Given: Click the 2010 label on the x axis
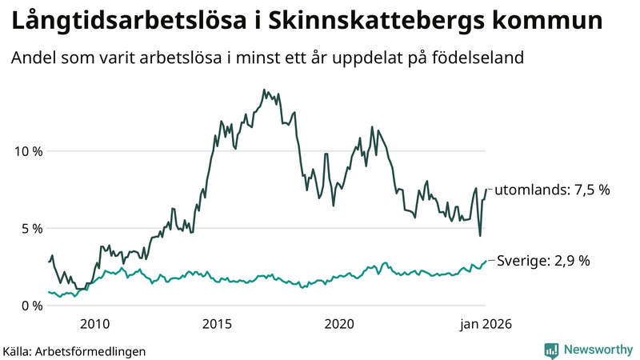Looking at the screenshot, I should [95, 324].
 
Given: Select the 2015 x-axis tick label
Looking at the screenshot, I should [218, 324].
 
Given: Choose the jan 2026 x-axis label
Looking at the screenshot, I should [484, 324].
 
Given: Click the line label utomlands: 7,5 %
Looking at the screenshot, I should [552, 190].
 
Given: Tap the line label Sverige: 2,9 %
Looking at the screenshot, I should [544, 261].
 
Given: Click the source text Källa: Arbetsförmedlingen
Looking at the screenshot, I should [74, 351].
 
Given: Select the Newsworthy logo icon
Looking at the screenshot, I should [551, 350].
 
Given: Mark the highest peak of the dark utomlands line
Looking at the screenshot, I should [264, 90].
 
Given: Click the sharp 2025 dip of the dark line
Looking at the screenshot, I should [480, 235].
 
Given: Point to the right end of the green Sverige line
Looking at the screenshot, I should [486, 261].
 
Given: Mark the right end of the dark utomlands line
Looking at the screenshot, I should [486, 190].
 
